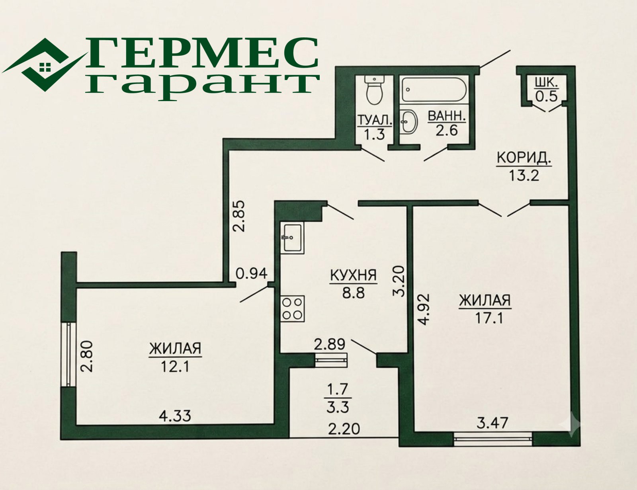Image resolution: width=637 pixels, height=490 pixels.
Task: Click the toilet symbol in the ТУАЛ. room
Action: pyautogui.click(x=374, y=90)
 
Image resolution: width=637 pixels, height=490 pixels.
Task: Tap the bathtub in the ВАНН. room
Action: pyautogui.click(x=434, y=90)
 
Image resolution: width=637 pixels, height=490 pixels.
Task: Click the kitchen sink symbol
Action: pyautogui.click(x=292, y=238)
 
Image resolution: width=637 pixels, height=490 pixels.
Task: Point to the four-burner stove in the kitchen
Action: pyautogui.click(x=292, y=309)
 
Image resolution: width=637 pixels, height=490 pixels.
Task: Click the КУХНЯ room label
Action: pyautogui.click(x=353, y=275)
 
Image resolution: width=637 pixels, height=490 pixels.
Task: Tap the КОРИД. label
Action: pyautogui.click(x=524, y=158)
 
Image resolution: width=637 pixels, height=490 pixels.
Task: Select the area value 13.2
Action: pyautogui.click(x=524, y=176)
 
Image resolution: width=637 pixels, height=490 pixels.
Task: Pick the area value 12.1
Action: pyautogui.click(x=175, y=367)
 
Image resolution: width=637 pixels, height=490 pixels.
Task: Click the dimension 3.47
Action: pyautogui.click(x=492, y=423)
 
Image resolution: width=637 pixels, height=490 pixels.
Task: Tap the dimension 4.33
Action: pyautogui.click(x=175, y=416)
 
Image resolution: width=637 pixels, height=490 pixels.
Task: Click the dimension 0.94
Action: pyautogui.click(x=252, y=273)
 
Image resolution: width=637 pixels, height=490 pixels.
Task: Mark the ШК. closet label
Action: pyautogui.click(x=547, y=83)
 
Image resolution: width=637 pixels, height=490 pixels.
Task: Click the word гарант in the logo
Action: pyautogui.click(x=202, y=86)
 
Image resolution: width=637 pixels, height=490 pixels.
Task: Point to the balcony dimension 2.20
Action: pyautogui.click(x=344, y=429)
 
